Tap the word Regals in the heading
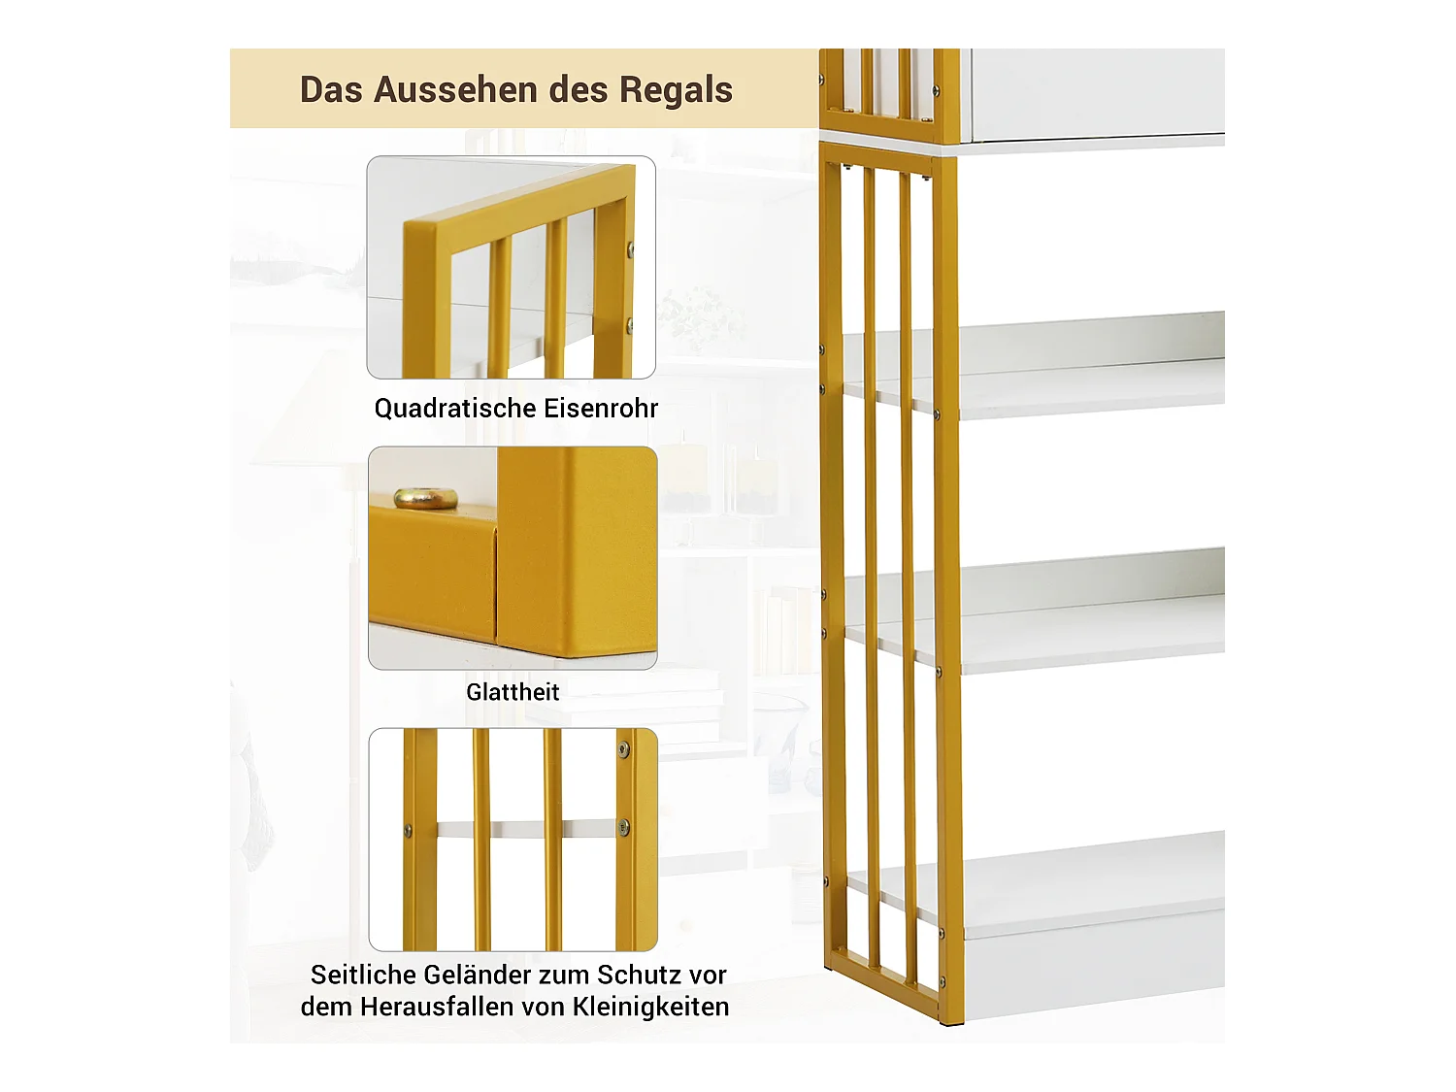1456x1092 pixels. point(676,89)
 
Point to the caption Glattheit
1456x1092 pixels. point(513,692)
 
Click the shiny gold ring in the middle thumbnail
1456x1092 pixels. point(425,498)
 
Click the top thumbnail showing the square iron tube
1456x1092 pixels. point(511,267)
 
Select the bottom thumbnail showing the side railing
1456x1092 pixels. point(513,840)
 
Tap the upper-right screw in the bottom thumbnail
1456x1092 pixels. point(624,749)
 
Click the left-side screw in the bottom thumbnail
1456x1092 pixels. point(408,831)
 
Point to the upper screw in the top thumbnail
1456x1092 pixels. point(630,250)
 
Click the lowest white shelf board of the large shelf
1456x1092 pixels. point(1087,888)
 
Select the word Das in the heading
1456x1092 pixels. point(331,89)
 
